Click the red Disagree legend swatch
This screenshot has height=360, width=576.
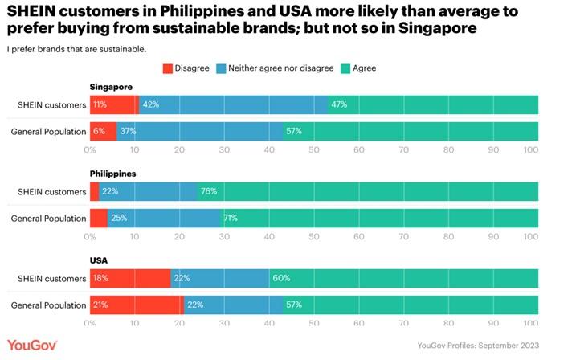(x=168, y=68)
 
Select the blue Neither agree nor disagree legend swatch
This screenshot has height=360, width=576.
(x=222, y=68)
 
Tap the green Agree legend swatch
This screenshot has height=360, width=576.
(x=348, y=68)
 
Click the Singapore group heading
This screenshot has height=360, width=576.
(x=111, y=87)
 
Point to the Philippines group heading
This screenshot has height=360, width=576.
(x=113, y=173)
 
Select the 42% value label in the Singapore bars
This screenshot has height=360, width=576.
(x=150, y=104)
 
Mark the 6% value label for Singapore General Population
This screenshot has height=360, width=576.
(x=99, y=131)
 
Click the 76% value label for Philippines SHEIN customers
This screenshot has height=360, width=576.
(x=208, y=191)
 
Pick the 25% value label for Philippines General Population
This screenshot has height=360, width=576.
(x=118, y=218)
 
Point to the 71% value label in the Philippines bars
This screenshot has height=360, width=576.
(x=230, y=218)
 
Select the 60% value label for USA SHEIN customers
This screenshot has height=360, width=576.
(x=281, y=279)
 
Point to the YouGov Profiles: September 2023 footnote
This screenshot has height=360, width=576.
(x=479, y=346)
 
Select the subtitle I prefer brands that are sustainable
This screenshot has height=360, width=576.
(x=76, y=49)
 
